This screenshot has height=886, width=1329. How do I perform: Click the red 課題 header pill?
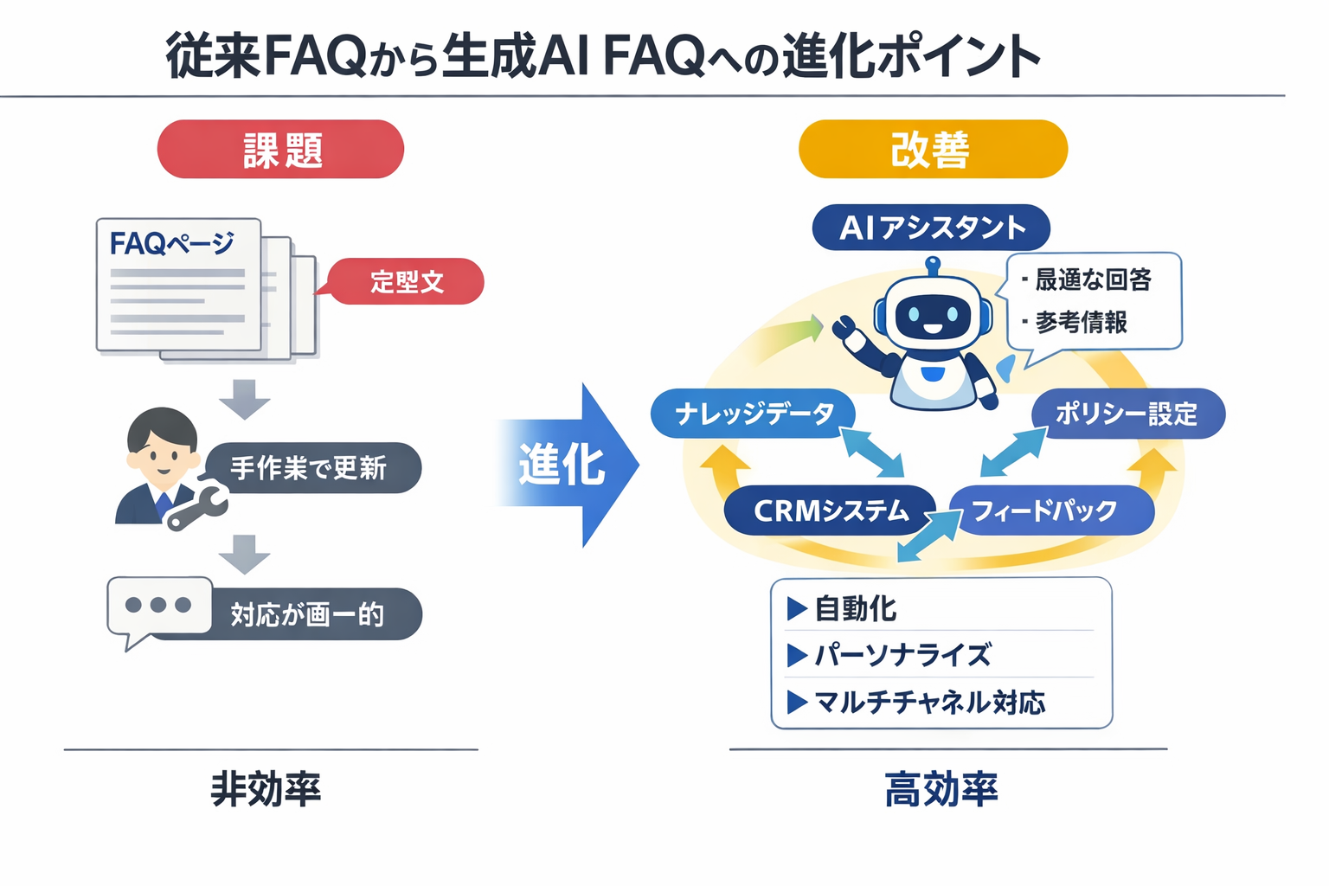click(280, 150)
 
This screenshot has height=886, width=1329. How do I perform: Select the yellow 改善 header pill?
click(932, 150)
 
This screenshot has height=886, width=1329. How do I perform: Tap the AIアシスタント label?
click(931, 228)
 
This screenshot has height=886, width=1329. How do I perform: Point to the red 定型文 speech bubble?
click(407, 281)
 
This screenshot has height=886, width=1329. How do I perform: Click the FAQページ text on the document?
click(171, 243)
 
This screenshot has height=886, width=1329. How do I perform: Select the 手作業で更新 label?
click(310, 468)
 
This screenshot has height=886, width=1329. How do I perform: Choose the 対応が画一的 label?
click(308, 614)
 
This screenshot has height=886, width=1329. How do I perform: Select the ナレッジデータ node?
click(753, 414)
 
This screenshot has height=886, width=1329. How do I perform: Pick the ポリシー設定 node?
click(1127, 414)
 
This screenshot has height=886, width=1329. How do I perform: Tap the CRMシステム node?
click(830, 510)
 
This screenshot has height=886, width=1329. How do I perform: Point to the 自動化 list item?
click(855, 609)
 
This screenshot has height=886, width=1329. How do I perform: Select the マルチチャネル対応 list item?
click(929, 702)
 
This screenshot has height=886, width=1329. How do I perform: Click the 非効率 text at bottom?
click(266, 789)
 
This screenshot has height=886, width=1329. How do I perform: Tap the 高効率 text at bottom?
click(941, 789)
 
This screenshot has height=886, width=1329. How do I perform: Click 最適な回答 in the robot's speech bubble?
click(1093, 279)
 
